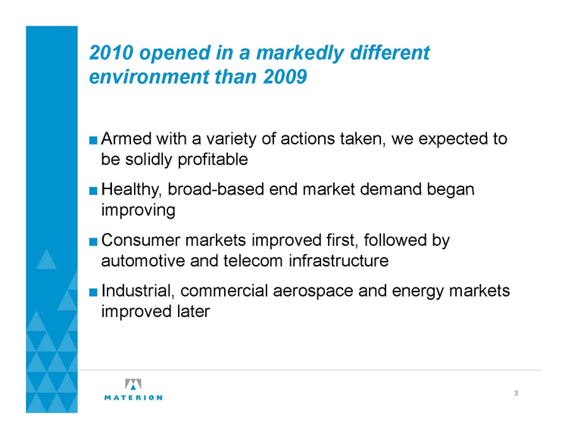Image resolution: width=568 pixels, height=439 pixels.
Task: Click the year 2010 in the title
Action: click(111, 53)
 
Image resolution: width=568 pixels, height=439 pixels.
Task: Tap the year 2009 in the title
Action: click(285, 76)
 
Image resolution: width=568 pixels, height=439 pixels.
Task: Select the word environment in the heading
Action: click(149, 76)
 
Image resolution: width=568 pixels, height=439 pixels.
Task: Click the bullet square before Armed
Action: click(93, 140)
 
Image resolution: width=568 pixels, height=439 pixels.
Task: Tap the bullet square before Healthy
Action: click(93, 191)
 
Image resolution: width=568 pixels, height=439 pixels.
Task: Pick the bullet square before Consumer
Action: click(93, 241)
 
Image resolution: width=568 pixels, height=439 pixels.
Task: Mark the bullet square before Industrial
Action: click(93, 292)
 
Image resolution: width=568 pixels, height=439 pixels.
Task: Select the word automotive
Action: click(143, 261)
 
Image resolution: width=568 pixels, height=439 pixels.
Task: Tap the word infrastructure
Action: click(339, 260)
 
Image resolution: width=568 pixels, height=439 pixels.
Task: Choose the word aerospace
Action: click(313, 291)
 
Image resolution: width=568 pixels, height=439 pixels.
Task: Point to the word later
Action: click(193, 312)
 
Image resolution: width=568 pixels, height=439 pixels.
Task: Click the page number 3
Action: click(516, 393)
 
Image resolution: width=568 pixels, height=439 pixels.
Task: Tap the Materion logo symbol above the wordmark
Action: click(133, 385)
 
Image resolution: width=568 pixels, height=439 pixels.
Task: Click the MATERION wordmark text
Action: click(133, 397)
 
